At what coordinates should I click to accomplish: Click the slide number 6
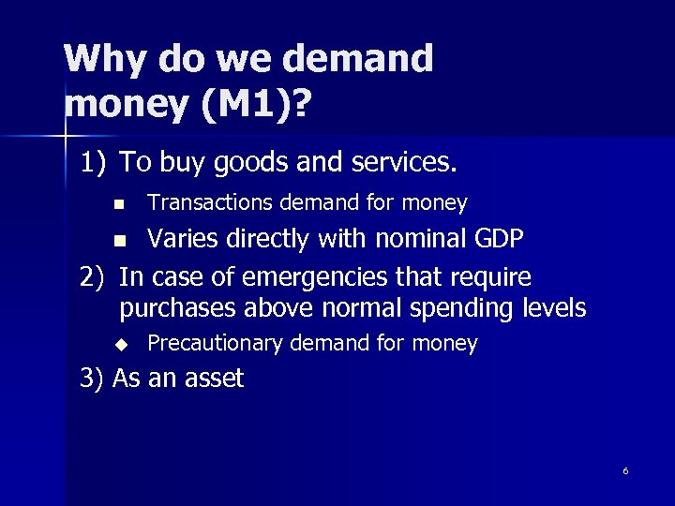click(625, 470)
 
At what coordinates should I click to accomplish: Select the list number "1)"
click(94, 163)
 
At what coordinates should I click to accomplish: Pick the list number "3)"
click(91, 379)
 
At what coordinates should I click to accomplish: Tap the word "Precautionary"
click(215, 344)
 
